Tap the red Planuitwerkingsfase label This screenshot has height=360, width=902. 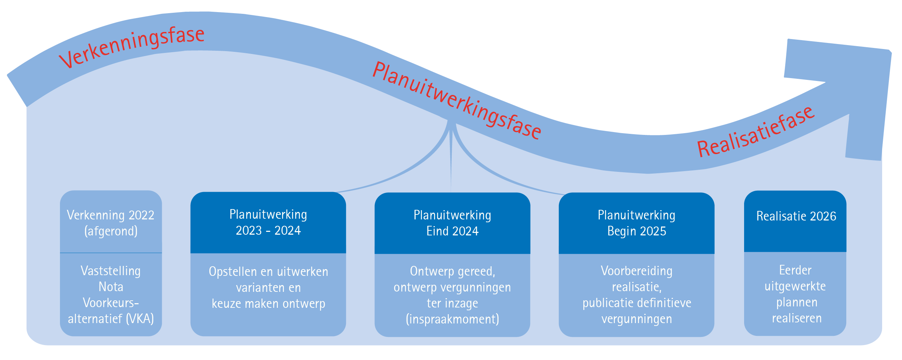457,100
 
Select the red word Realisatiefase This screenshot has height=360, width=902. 756,132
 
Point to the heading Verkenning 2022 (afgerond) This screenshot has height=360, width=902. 111,223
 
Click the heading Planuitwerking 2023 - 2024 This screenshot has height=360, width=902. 268,222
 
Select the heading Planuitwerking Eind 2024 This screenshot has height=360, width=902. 452,223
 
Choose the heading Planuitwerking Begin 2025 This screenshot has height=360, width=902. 637,223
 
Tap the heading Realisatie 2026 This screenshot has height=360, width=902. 796,216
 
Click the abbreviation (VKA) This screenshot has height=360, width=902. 140,318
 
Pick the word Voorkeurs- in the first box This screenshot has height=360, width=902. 111,302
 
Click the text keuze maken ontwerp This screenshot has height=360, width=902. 268,304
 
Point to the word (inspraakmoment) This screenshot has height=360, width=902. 452,319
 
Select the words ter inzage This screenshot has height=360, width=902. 452,303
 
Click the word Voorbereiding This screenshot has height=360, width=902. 637,271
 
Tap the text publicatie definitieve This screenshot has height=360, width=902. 637,303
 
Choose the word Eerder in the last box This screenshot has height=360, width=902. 795,270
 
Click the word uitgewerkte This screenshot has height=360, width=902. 795,286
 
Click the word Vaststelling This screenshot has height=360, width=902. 111,271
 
